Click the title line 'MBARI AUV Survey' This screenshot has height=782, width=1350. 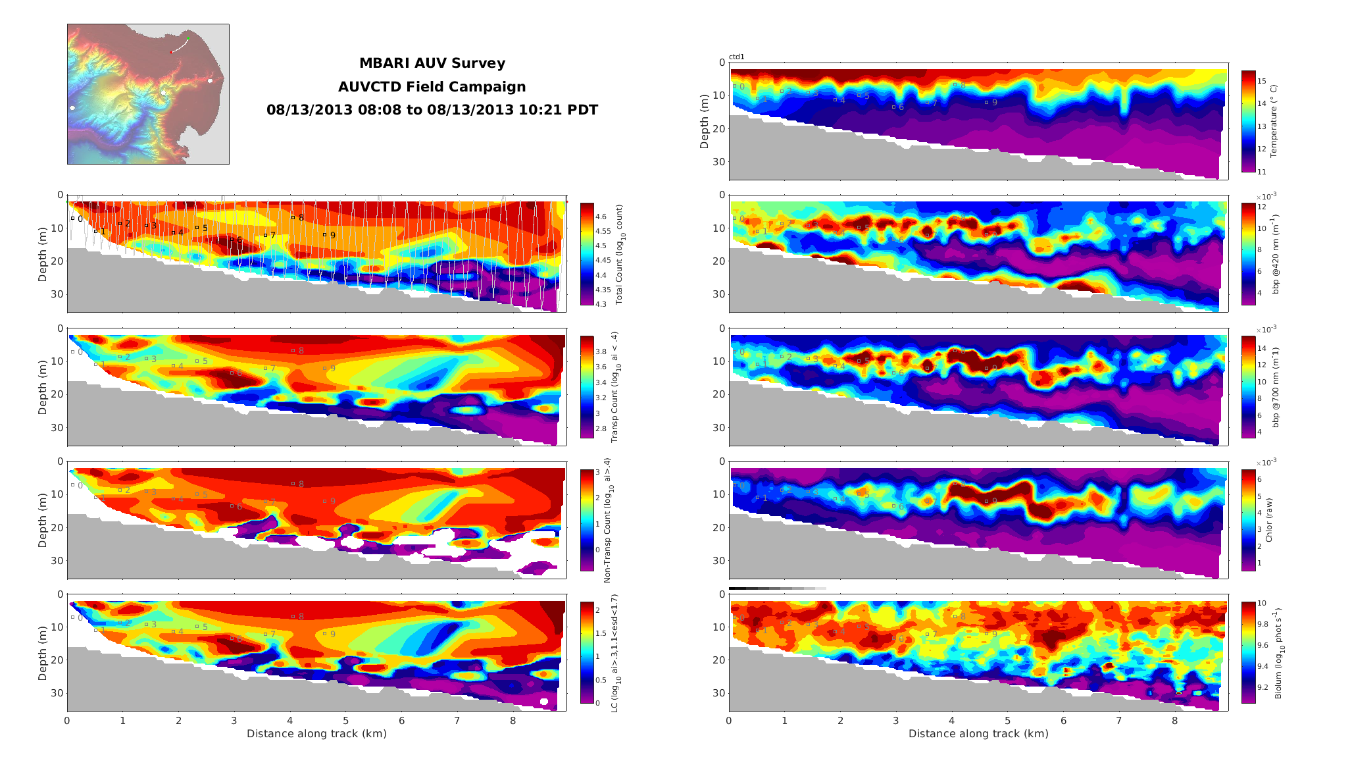432,63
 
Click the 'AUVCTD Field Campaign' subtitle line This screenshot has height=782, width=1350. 432,87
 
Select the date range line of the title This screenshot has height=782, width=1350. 432,110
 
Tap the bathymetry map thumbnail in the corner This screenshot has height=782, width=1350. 148,94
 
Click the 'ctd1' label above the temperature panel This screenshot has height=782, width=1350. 736,57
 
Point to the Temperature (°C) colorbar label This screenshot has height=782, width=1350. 1274,120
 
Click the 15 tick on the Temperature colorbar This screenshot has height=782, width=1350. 1262,81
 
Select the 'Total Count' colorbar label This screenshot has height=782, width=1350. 619,254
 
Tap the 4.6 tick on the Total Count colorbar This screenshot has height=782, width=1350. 601,217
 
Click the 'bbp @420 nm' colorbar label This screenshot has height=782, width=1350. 1276,253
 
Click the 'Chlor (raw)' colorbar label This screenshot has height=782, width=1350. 1269,520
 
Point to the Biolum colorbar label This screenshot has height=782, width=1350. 1278,653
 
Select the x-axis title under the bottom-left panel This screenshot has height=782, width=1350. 316,733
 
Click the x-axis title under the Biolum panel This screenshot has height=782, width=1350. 978,733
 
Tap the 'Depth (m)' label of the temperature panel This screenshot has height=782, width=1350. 705,121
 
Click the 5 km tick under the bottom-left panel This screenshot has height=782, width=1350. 345,721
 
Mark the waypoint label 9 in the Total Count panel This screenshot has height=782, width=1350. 333,236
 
